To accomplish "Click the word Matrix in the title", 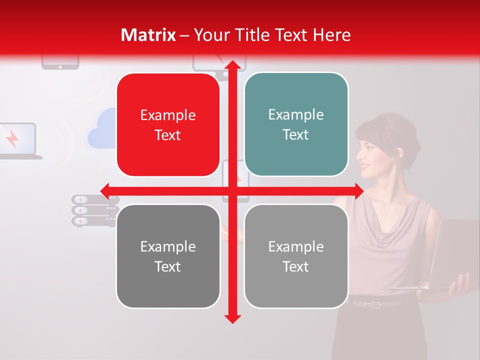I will tap(148, 35).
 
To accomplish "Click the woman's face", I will tap(372, 153).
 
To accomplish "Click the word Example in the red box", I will tap(168, 115).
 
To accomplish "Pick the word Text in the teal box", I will tap(296, 135).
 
